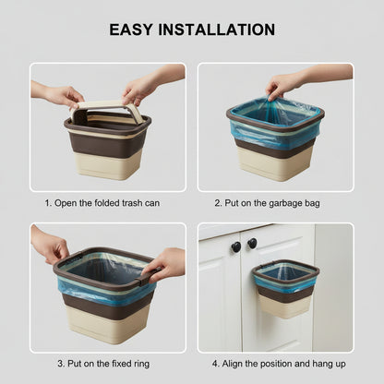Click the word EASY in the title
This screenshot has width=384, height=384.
131,30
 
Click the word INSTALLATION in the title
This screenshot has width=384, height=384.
217,30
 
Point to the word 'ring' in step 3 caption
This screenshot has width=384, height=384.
141,364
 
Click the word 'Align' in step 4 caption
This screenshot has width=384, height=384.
233,364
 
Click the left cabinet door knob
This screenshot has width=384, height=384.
236,246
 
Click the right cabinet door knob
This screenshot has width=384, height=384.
252,243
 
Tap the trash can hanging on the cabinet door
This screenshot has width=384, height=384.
285,289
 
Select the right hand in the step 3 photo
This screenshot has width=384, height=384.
163,265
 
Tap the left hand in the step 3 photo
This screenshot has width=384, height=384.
51,247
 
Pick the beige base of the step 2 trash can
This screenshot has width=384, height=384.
275,166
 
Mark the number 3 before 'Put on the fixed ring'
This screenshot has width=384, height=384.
60,364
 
